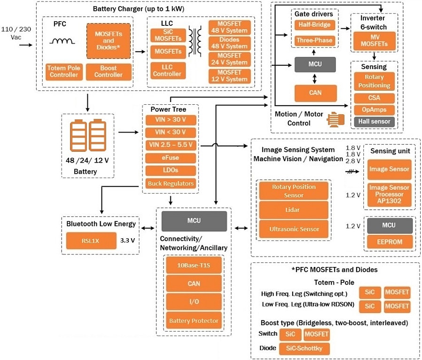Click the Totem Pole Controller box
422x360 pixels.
pos(63,71)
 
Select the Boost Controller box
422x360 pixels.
pos(108,71)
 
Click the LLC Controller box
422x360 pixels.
pos(167,71)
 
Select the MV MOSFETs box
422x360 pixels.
pos(374,41)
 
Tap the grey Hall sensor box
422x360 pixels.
pos(374,122)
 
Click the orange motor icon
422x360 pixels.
pos(335,120)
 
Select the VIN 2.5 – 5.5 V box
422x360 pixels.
pos(170,145)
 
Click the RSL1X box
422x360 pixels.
pos(91,241)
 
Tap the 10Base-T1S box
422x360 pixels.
pos(193,266)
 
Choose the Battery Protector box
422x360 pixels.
pos(193,321)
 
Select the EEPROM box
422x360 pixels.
pos(389,242)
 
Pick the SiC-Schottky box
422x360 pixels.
pos(304,349)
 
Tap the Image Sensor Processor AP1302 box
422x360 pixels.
pos(389,194)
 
